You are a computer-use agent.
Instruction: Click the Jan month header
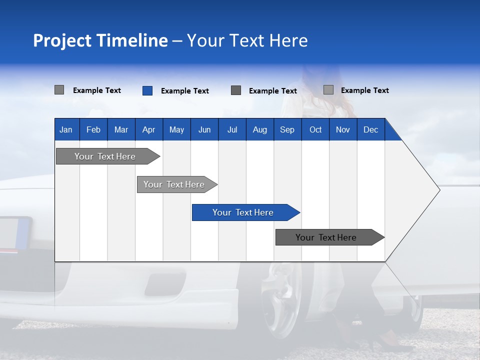click(x=66, y=129)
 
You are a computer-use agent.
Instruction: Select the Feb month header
click(x=93, y=129)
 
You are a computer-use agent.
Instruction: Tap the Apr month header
click(x=148, y=129)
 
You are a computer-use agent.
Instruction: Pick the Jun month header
click(x=204, y=129)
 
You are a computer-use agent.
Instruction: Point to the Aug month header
click(x=259, y=129)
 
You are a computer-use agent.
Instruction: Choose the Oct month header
click(x=315, y=129)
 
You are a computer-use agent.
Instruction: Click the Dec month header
click(x=370, y=129)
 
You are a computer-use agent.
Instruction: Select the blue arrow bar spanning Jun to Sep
click(x=243, y=212)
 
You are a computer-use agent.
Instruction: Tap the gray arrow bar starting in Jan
click(x=105, y=156)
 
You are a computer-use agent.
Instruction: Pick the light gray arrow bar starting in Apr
click(x=174, y=184)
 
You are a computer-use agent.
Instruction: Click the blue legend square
click(x=147, y=90)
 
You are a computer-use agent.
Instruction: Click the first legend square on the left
click(x=59, y=90)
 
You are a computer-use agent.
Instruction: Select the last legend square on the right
click(x=328, y=90)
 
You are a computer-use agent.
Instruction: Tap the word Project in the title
click(x=62, y=40)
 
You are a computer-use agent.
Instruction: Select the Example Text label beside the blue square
click(x=184, y=91)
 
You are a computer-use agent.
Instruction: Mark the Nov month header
click(x=343, y=129)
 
